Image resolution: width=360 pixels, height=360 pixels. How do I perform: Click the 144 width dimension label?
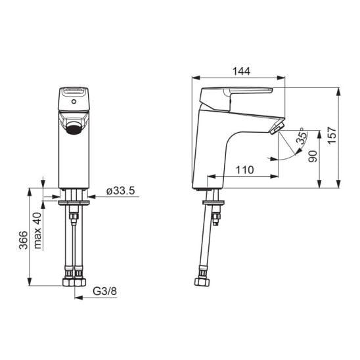click(x=241, y=72)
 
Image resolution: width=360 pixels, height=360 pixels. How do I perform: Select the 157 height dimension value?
click(x=332, y=135)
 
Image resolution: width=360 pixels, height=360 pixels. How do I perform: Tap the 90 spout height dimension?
click(x=313, y=156)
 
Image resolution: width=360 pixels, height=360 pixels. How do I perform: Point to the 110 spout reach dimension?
click(x=245, y=170)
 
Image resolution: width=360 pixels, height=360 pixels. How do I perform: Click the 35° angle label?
click(x=302, y=137)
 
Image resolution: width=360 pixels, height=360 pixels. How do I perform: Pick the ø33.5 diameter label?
click(x=120, y=191)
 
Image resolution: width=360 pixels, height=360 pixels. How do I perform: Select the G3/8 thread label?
click(x=104, y=291)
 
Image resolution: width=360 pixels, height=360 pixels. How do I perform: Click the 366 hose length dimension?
click(x=23, y=240)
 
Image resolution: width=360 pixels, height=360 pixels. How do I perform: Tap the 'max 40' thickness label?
click(x=37, y=231)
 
